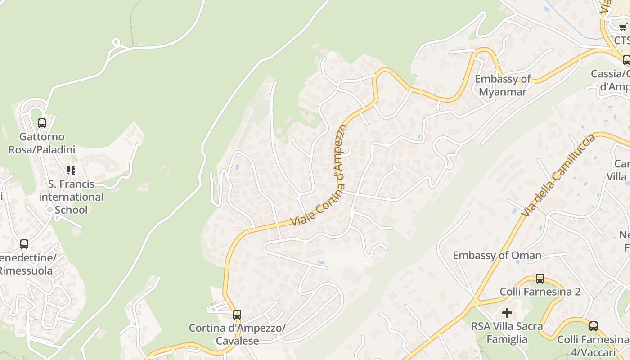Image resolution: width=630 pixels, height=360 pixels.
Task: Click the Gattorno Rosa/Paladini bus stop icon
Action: click(42, 123)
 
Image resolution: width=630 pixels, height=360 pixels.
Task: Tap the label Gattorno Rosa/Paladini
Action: click(42, 143)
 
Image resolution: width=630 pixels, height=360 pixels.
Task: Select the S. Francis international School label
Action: click(71, 197)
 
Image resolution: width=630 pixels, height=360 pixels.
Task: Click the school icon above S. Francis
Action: click(71, 170)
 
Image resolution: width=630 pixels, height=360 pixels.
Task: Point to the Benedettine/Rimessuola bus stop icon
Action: click(24, 244)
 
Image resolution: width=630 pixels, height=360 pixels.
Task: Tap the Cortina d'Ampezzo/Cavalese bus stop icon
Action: click(237, 314)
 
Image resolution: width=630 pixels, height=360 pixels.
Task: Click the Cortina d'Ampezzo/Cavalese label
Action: click(237, 334)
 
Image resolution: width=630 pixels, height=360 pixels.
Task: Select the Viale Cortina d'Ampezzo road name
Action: click(319, 175)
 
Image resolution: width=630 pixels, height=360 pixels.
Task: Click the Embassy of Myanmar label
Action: click(503, 85)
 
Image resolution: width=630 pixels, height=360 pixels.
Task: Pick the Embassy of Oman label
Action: click(497, 256)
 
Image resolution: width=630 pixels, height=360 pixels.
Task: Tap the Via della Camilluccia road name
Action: click(559, 175)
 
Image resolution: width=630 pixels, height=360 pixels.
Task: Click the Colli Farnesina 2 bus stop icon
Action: click(540, 279)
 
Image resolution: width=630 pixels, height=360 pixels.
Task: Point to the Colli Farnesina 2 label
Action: click(540, 292)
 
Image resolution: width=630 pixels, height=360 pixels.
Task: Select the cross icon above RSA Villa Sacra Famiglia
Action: click(507, 312)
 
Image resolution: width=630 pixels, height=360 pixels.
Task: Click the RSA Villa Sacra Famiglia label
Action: click(507, 332)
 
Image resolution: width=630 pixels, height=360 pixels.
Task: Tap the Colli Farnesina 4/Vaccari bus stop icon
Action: click(594, 326)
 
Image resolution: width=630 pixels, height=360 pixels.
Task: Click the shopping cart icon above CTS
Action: click(623, 27)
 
